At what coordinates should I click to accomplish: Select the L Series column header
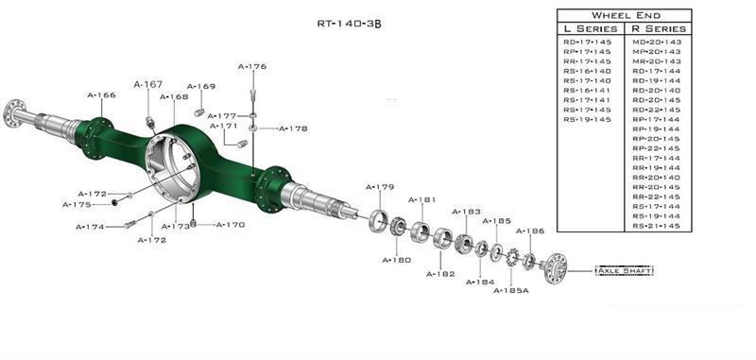click(x=592, y=29)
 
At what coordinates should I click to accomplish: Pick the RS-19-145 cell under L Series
click(x=587, y=119)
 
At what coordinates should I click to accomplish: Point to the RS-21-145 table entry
click(x=657, y=226)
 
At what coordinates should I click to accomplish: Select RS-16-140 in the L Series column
click(x=587, y=71)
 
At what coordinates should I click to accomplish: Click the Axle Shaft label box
click(x=625, y=271)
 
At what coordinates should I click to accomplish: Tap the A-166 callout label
click(x=101, y=95)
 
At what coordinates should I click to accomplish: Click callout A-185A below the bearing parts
click(x=511, y=290)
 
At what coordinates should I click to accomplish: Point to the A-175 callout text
click(x=77, y=204)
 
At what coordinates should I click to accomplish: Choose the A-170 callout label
click(x=231, y=225)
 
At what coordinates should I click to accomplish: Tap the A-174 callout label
click(x=91, y=227)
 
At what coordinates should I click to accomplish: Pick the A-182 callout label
click(x=441, y=274)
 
